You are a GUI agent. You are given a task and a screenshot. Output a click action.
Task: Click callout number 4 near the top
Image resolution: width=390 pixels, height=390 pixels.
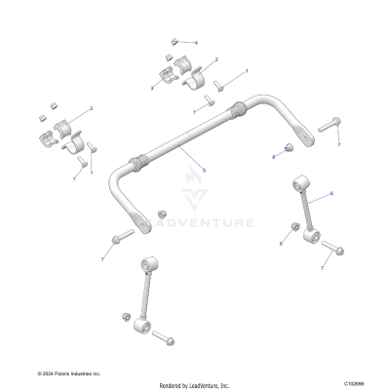tap(196, 44)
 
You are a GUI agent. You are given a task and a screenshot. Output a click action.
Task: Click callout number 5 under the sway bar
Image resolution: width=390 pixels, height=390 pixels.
tap(203, 171)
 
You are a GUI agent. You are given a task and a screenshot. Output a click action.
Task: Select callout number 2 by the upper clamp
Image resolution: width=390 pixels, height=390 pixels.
tap(215, 60)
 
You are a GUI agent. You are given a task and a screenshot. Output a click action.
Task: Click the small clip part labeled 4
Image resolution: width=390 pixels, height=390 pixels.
tap(173, 41)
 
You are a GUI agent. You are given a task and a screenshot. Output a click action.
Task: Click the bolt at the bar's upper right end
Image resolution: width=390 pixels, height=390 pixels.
tap(328, 123)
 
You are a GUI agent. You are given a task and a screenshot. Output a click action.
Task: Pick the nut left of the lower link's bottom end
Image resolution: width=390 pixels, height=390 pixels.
tap(126, 318)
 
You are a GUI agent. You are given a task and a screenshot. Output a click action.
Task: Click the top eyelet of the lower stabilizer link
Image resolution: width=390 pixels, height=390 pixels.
tap(150, 264)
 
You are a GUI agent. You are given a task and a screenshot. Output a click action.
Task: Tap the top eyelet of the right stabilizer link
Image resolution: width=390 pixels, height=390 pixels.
tap(298, 183)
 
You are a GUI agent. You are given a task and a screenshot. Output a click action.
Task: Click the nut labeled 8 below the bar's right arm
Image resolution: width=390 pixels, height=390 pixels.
tap(288, 147)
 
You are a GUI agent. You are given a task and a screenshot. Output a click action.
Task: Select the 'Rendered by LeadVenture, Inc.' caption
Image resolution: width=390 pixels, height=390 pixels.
tap(195, 385)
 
